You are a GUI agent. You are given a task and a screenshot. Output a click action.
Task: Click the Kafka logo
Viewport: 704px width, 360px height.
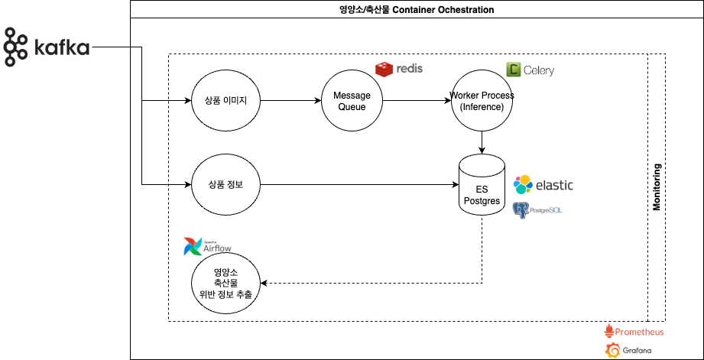click(x=47, y=47)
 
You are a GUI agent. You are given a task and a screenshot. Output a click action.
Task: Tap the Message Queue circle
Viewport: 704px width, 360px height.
click(x=352, y=101)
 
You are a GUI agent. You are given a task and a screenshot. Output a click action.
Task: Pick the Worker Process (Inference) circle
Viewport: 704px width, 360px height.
click(x=482, y=101)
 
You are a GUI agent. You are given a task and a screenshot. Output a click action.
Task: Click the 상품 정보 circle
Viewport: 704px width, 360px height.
click(x=225, y=184)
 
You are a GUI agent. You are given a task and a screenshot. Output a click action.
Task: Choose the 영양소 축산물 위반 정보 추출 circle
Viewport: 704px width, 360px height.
click(x=225, y=284)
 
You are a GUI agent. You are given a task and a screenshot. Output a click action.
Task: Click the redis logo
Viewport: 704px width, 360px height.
click(x=399, y=69)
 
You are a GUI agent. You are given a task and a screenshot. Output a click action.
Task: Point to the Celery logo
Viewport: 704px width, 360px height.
click(x=530, y=70)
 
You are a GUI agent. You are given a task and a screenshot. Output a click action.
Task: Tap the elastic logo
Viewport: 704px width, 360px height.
click(x=543, y=184)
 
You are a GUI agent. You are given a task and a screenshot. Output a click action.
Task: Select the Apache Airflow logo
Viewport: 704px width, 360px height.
click(x=207, y=246)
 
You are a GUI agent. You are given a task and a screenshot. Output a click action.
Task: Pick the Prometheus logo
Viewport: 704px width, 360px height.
click(x=634, y=331)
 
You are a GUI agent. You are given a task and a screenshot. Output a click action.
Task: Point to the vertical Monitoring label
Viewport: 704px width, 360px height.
click(x=657, y=187)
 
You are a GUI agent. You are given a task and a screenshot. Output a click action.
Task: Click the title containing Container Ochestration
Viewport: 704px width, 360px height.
click(x=417, y=9)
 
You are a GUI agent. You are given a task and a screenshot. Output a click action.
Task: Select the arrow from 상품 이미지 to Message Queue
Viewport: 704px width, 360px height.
click(x=291, y=101)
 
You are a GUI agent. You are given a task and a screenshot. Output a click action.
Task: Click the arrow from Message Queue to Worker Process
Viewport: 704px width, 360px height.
click(x=417, y=101)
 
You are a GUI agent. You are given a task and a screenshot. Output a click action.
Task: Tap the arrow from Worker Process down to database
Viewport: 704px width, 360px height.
click(x=482, y=143)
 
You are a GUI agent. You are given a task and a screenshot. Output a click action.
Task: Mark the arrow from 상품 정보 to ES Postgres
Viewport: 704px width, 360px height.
click(x=359, y=184)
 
